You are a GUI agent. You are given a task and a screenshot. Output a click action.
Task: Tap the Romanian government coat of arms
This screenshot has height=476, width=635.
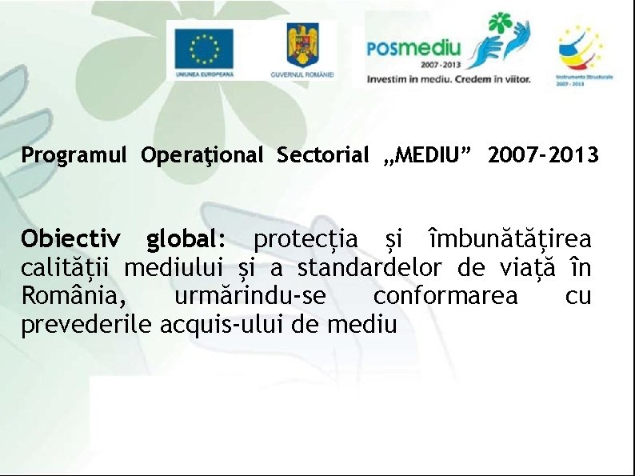click(x=302, y=45)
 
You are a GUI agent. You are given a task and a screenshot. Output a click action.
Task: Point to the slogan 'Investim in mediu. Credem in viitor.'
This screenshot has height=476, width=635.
click(x=448, y=79)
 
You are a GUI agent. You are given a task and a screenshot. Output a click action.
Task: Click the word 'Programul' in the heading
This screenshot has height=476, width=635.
click(x=74, y=155)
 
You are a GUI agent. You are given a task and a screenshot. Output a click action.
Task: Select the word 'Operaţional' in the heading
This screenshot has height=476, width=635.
click(x=202, y=155)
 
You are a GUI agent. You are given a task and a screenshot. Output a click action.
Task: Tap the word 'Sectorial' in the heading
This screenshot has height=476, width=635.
click(x=323, y=155)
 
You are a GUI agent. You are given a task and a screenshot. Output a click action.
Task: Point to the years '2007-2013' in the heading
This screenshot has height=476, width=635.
click(x=542, y=155)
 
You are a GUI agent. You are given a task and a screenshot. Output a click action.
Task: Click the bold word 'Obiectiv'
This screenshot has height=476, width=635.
click(x=71, y=239)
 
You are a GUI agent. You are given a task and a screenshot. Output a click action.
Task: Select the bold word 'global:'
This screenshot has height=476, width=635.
click(x=186, y=239)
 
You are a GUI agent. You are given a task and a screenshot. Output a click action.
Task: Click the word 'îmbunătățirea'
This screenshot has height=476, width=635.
click(x=511, y=239)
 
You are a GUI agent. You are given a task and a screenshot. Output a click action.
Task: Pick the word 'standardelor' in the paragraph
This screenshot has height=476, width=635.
click(x=369, y=268)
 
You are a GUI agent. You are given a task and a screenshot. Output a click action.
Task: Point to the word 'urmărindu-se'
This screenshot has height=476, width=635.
click(x=250, y=297)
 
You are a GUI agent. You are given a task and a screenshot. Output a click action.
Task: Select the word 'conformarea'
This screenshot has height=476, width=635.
click(x=445, y=297)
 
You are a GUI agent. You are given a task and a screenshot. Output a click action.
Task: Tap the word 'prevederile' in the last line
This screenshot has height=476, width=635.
click(x=87, y=326)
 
